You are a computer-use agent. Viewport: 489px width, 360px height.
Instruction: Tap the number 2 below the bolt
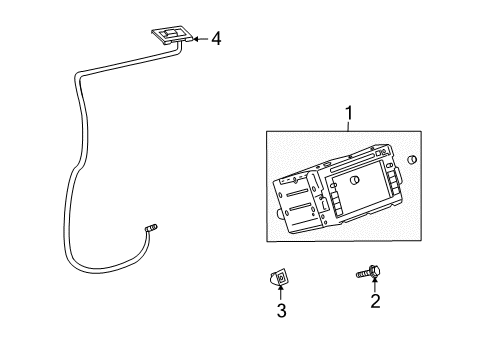coord(375,302)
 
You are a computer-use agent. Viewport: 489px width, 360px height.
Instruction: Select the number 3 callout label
coord(281,311)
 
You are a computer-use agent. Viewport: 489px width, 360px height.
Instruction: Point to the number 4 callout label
coord(215,39)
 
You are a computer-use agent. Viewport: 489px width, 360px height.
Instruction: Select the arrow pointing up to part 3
coord(281,291)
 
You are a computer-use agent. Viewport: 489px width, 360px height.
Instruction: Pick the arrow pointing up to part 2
coord(375,283)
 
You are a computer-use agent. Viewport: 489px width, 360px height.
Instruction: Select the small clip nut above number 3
coord(280,275)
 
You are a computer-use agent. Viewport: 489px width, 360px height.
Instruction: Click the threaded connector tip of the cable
coord(153,229)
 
